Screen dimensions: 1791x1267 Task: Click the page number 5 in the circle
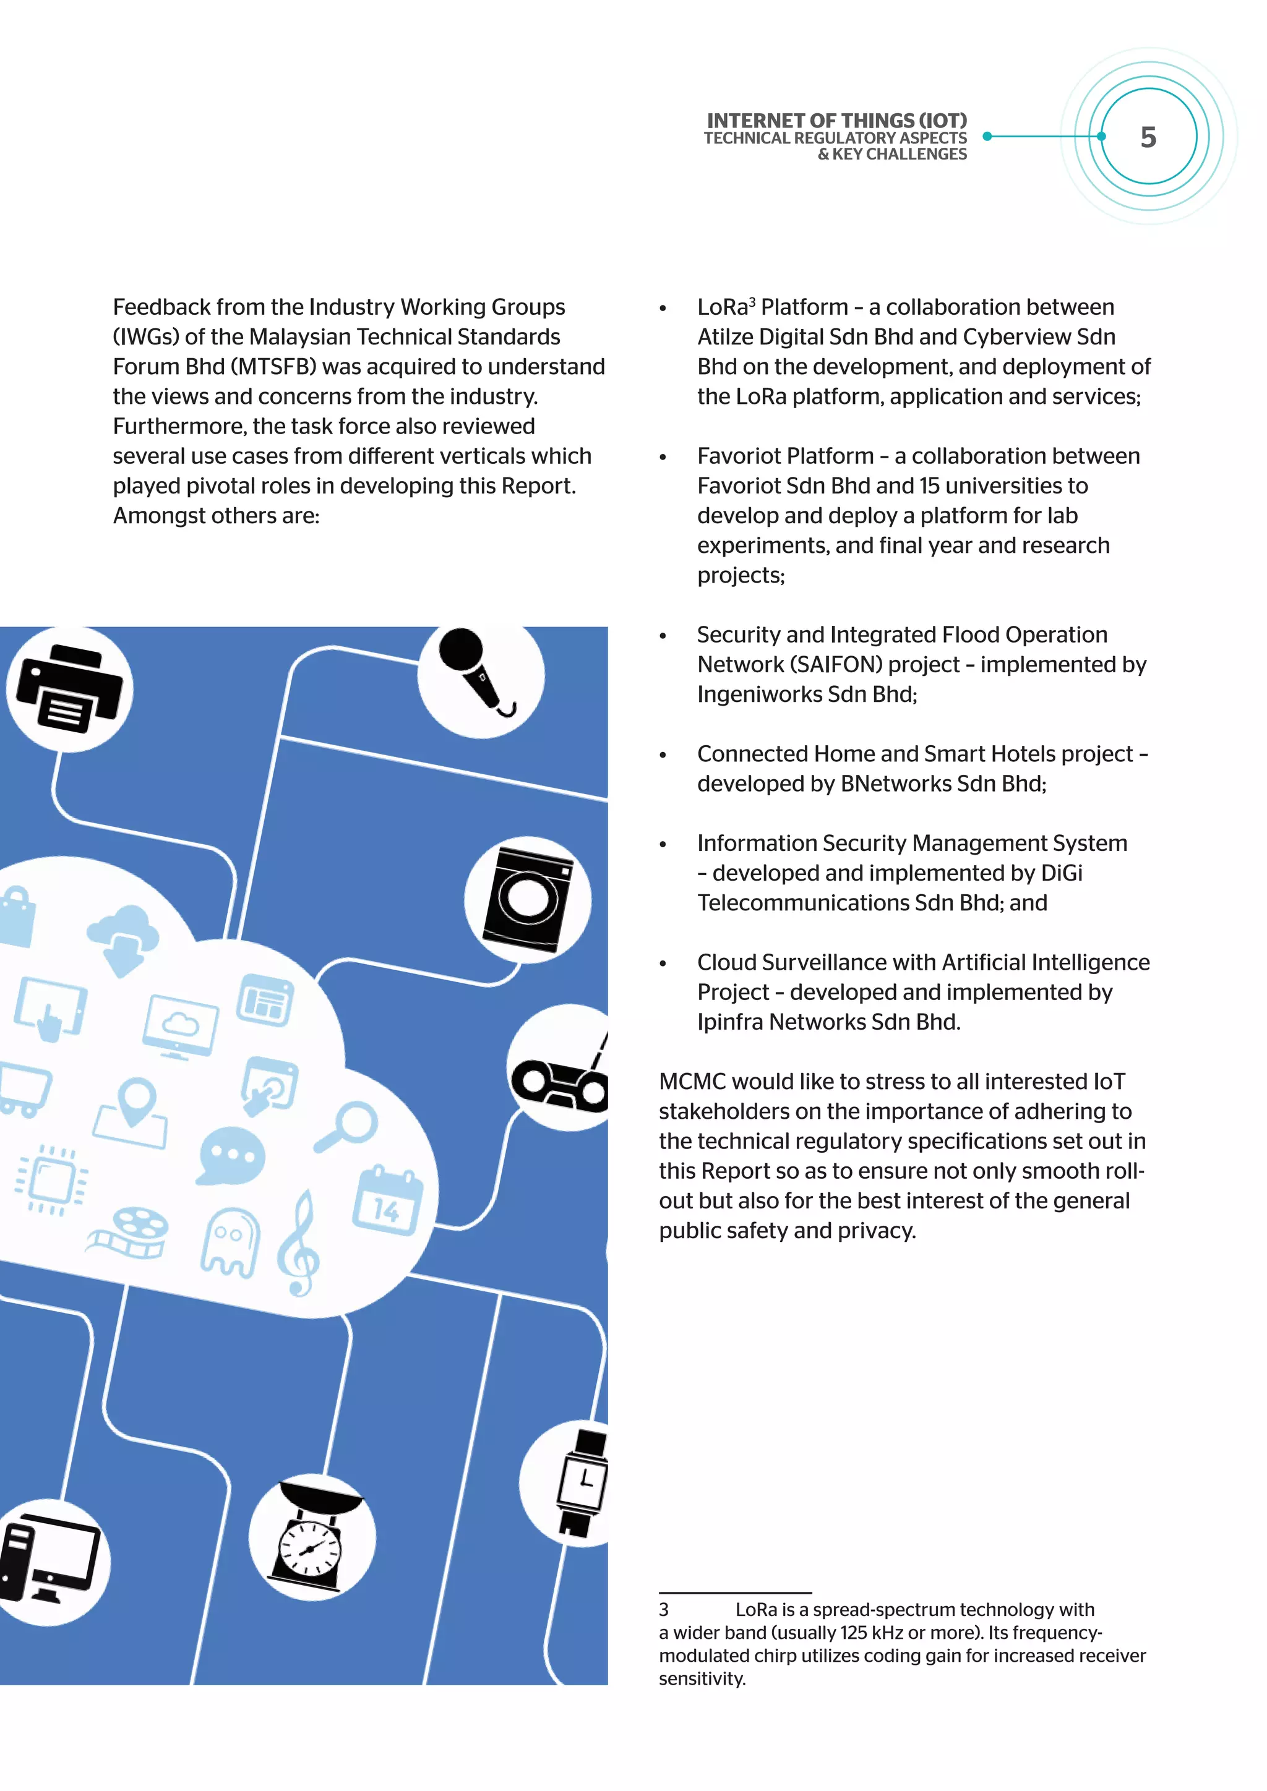(x=1148, y=137)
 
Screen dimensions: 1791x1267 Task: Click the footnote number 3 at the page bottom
(x=664, y=1609)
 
